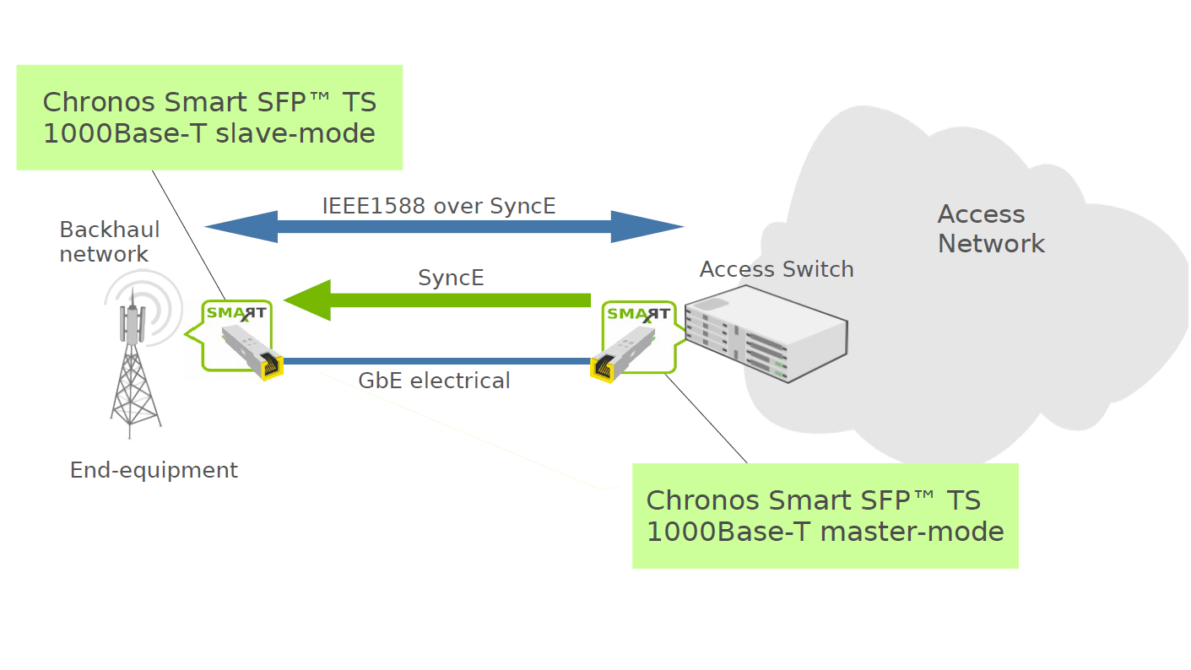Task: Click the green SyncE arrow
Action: click(439, 300)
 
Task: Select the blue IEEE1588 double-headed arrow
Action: click(444, 226)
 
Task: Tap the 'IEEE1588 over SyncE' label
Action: click(439, 205)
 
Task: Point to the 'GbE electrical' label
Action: click(434, 381)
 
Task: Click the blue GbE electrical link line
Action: click(436, 361)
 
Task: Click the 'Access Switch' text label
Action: click(777, 269)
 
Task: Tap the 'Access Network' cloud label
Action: click(990, 229)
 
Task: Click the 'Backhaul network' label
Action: click(109, 241)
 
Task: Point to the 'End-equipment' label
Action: click(154, 470)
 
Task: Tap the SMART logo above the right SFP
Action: click(639, 314)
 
